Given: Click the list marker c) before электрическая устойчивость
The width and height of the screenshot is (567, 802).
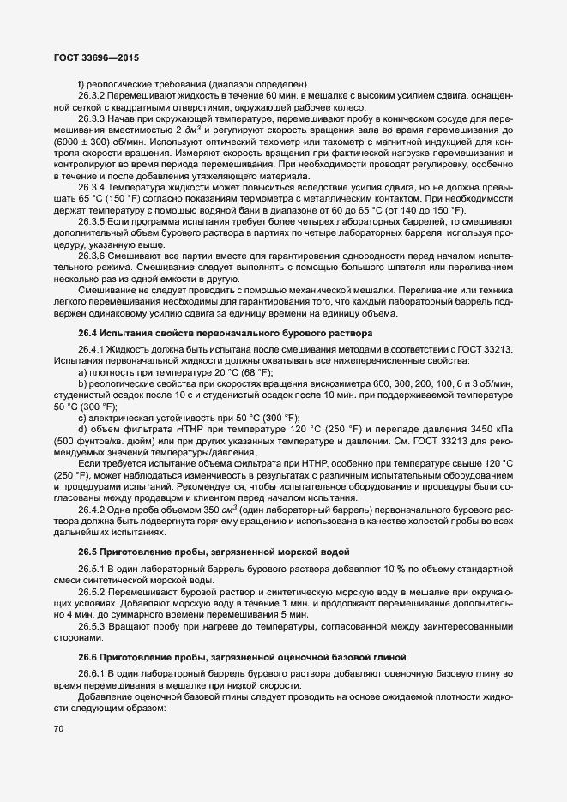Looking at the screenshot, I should (82, 417).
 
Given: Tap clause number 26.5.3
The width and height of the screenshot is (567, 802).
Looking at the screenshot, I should (92, 626).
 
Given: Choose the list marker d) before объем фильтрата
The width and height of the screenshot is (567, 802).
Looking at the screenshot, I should (82, 429).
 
